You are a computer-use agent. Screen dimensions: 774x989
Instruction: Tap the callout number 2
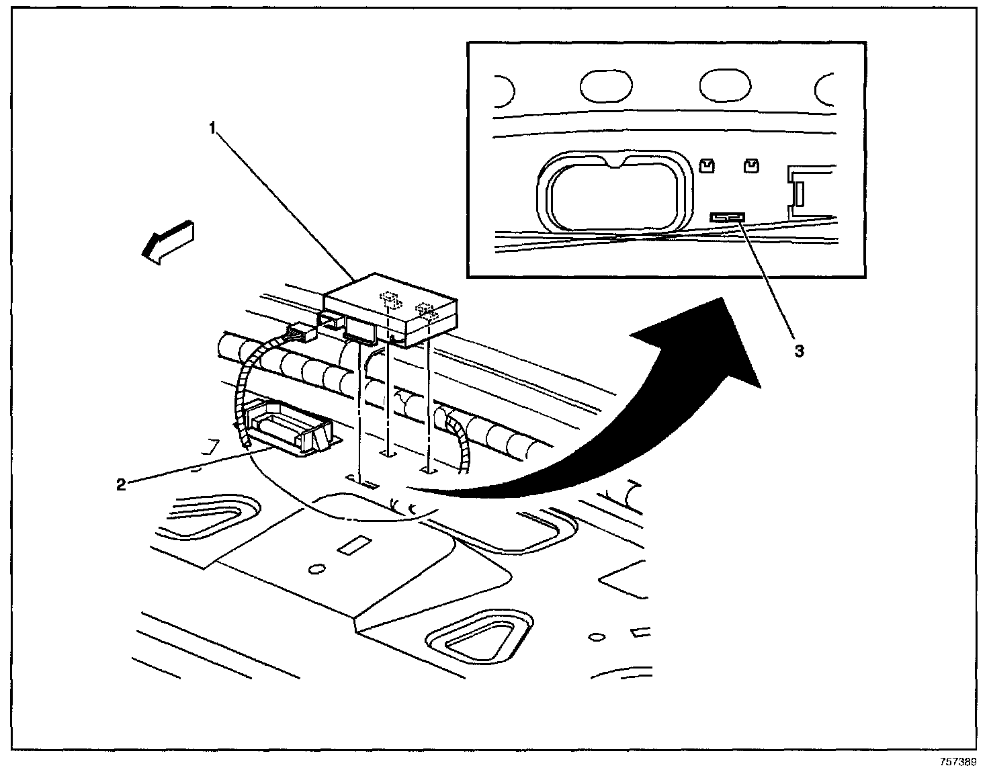coord(121,484)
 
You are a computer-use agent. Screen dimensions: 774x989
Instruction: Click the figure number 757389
coord(957,763)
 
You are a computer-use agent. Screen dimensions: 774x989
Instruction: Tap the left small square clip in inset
coord(705,165)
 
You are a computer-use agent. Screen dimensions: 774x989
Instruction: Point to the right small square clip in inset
coord(750,165)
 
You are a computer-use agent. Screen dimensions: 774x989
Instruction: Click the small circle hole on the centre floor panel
coord(314,569)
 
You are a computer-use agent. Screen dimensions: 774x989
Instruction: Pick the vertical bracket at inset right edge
coord(798,193)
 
